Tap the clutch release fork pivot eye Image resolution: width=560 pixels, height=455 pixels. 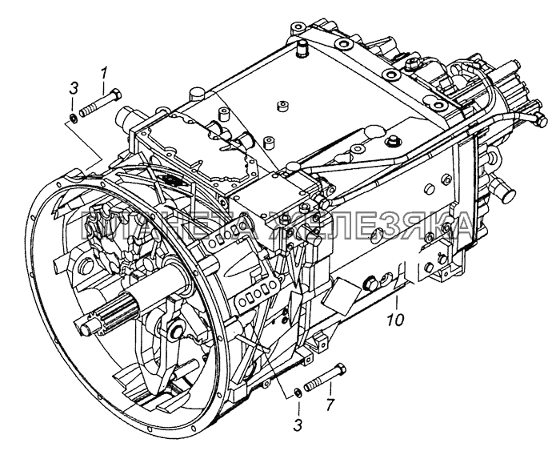coord(170,331)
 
